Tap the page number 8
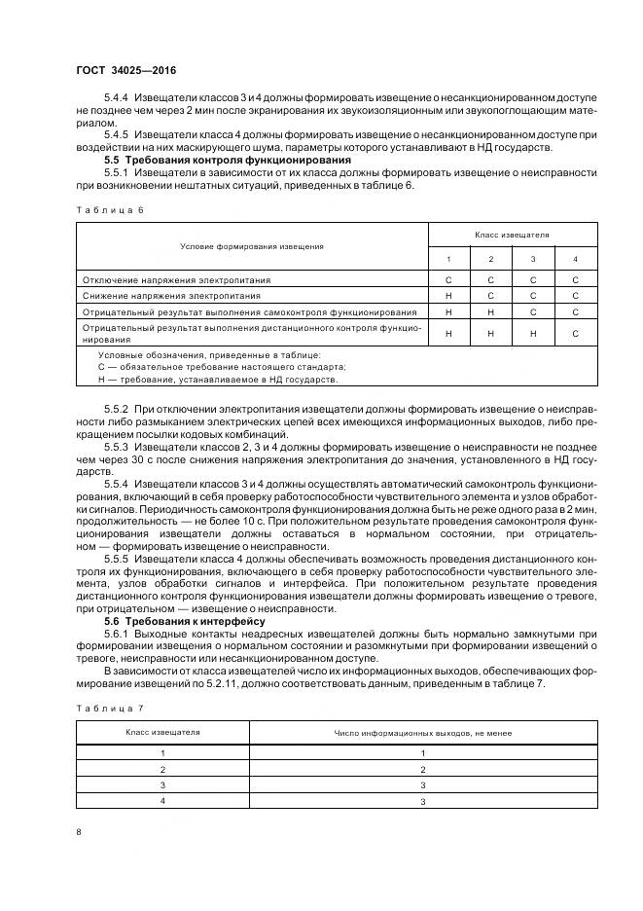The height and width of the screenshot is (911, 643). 78,831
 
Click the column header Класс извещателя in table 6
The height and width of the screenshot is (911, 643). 512,235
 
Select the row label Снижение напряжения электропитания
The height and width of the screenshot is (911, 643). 170,295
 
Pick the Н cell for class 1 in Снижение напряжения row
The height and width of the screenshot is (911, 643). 448,295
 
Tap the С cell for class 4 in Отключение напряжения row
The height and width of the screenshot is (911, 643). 575,279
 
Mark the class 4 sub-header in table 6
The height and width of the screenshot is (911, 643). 575,259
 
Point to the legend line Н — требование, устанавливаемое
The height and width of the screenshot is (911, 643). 219,379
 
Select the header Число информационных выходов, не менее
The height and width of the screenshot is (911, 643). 423,732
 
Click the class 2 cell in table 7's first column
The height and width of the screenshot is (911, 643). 162,768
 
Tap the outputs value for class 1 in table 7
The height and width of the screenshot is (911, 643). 423,752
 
